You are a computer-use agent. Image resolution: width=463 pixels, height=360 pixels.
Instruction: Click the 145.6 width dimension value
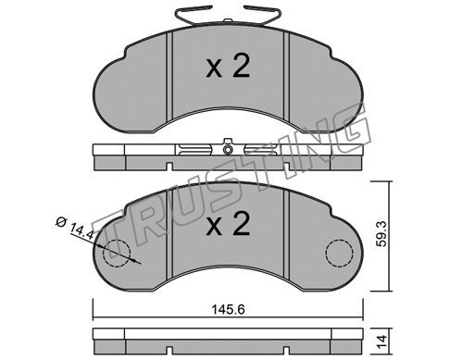coord(229,309)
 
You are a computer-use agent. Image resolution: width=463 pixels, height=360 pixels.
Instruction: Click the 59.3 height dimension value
coord(382,237)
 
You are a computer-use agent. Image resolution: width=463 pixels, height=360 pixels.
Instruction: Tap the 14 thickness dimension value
coord(382,342)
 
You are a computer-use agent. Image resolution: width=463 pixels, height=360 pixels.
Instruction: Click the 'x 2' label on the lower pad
coord(228,224)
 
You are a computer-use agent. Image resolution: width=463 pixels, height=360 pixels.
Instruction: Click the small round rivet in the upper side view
coord(228,150)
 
